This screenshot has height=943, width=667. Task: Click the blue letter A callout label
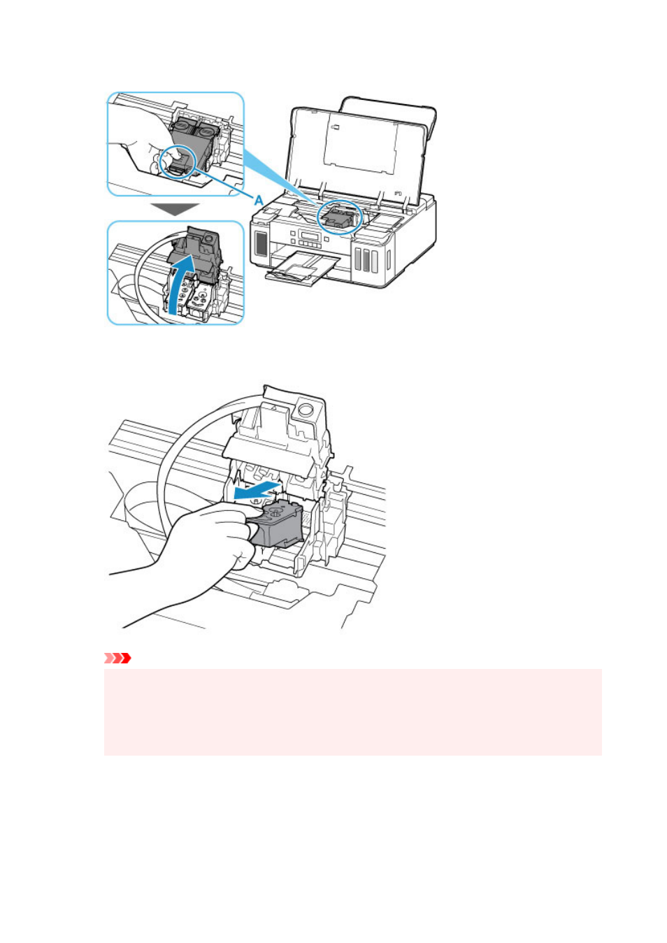click(x=259, y=200)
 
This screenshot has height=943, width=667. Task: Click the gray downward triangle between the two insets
click(x=175, y=209)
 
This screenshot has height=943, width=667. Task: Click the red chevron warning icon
click(x=117, y=657)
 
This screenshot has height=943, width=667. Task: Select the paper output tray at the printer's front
click(x=301, y=268)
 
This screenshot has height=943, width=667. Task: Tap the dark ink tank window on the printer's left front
click(x=261, y=243)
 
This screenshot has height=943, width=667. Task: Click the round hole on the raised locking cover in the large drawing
click(x=306, y=409)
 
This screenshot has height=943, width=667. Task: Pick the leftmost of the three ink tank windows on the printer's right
click(x=359, y=259)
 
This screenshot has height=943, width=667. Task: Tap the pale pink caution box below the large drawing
click(x=352, y=712)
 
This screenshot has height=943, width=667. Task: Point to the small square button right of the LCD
click(x=327, y=239)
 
